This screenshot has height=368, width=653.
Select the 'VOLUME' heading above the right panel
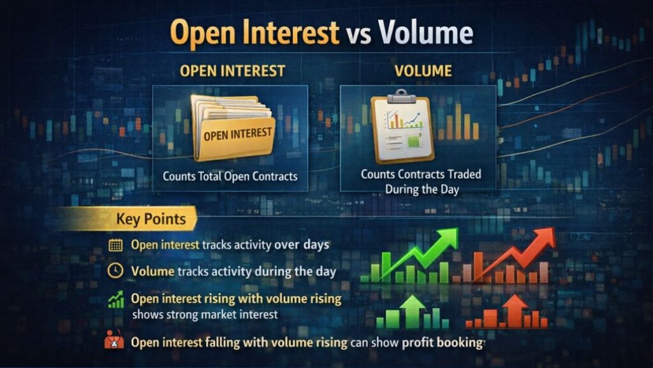[x=419, y=71]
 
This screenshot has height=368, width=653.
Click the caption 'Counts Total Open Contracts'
[x=230, y=176]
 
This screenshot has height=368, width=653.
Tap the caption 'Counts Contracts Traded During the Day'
[x=421, y=181]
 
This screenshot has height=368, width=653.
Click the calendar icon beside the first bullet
[x=115, y=245]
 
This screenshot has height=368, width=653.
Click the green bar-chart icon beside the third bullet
[x=115, y=299]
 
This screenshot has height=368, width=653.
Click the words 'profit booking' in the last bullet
[x=441, y=342]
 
